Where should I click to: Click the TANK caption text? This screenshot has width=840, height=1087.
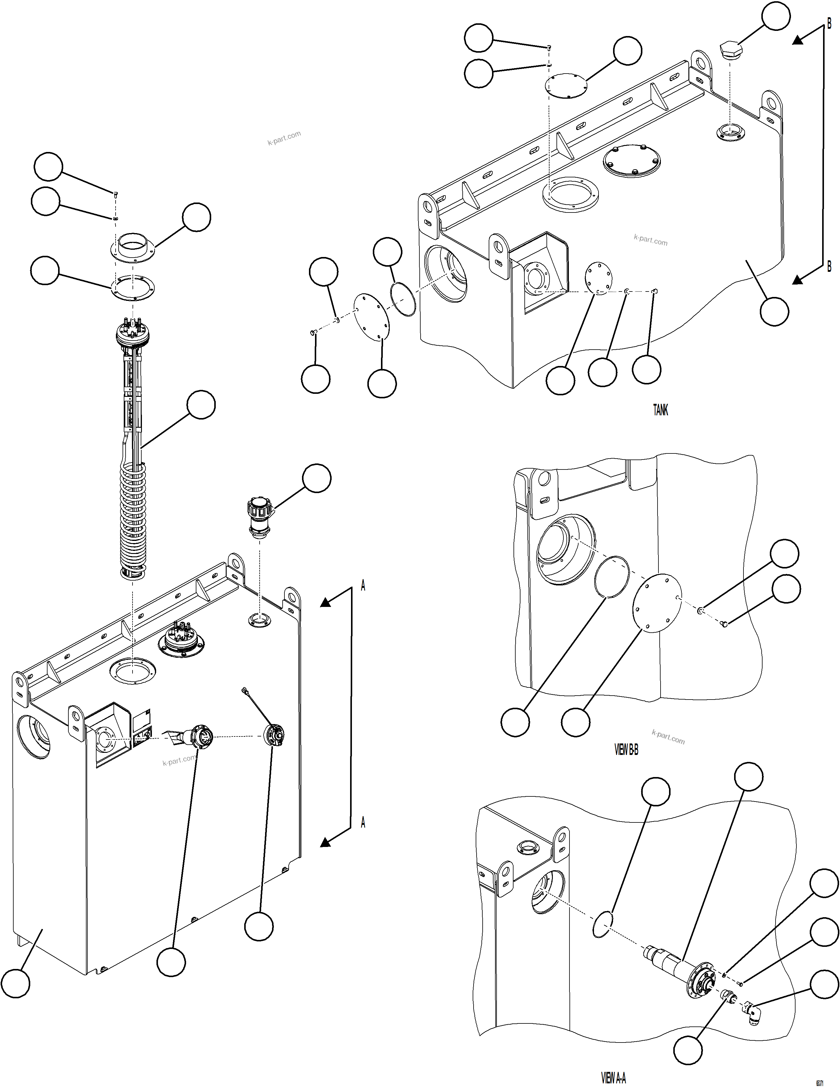pos(660,410)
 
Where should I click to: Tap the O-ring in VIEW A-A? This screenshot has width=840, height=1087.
pos(603,925)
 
